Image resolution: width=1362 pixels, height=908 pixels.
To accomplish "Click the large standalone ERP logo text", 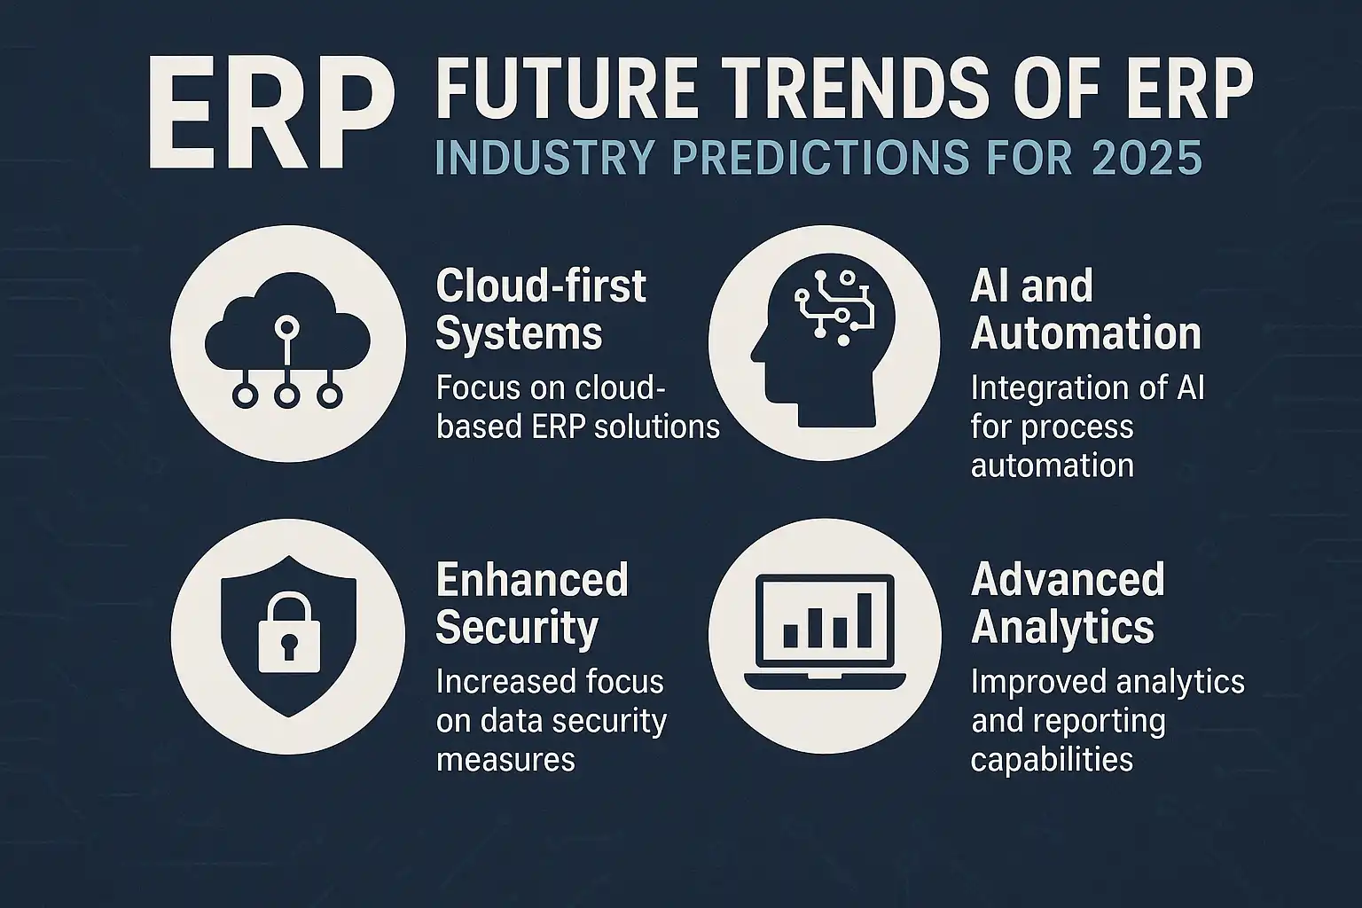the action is [272, 113].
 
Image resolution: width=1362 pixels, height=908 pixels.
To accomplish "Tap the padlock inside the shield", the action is [289, 632].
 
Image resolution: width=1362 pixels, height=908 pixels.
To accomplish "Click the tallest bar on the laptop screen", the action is [864, 620].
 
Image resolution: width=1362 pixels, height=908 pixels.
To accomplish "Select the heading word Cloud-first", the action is [541, 286].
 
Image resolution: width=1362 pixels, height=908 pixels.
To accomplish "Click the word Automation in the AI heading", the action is [1086, 333].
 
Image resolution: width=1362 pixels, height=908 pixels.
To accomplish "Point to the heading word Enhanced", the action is [532, 580].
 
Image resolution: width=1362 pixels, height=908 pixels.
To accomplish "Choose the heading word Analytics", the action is [1062, 628].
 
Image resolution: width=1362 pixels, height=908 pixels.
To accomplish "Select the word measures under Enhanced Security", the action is [505, 760].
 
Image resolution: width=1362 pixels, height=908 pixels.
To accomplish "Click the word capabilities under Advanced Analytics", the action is [1052, 760].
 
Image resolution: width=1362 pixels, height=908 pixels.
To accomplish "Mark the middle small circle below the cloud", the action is [287, 395].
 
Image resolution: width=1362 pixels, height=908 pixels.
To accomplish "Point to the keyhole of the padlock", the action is [289, 647].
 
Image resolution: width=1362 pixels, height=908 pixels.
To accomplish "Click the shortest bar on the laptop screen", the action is [790, 636].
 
